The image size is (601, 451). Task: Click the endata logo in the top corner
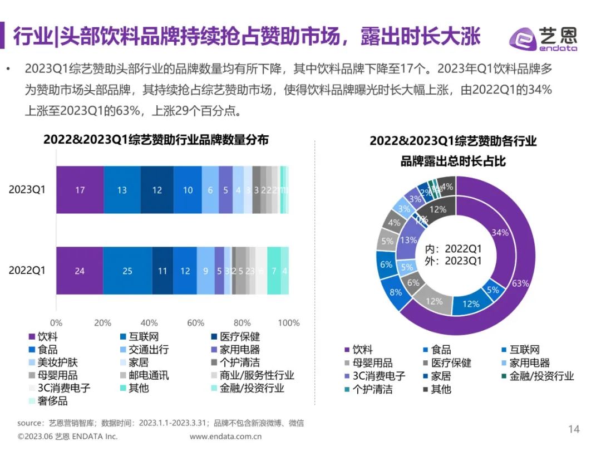tap(543, 38)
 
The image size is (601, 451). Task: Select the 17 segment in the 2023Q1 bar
tap(80, 190)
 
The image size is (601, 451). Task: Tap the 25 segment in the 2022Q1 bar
tap(127, 271)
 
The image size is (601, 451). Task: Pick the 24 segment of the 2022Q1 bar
tap(80, 271)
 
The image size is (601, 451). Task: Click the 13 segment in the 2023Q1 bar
tap(122, 190)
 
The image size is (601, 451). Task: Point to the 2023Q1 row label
tap(27, 189)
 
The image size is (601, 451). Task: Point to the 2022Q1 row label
tap(27, 271)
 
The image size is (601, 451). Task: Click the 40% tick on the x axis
tap(149, 323)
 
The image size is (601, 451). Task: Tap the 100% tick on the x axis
tap(288, 323)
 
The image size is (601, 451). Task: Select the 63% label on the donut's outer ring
tap(520, 283)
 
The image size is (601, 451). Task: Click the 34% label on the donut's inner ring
tap(500, 232)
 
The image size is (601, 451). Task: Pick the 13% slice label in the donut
tap(409, 240)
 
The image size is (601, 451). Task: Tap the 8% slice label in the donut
tap(396, 293)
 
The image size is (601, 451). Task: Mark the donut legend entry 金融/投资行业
tap(536, 376)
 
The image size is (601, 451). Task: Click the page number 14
tap(573, 429)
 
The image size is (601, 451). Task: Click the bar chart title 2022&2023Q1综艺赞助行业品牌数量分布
tap(156, 140)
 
